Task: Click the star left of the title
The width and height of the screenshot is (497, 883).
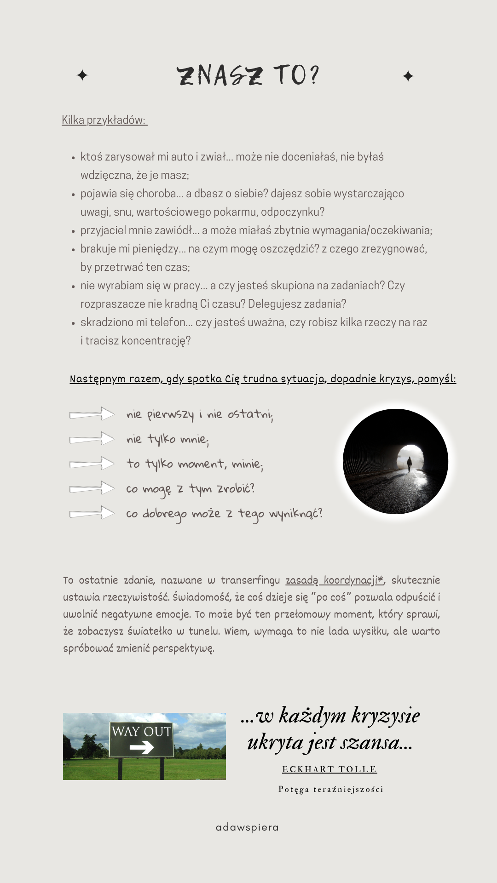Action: click(82, 75)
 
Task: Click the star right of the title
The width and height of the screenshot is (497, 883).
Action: click(408, 76)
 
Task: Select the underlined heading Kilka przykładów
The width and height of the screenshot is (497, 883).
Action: click(104, 120)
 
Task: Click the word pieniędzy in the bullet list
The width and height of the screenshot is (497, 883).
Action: click(156, 249)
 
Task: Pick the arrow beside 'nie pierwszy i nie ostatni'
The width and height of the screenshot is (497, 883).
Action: click(92, 414)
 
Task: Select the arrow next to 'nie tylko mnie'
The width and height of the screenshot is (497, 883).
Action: click(92, 439)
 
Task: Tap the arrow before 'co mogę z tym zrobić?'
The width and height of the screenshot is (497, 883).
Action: click(92, 488)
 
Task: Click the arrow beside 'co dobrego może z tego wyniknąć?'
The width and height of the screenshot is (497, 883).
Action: click(92, 513)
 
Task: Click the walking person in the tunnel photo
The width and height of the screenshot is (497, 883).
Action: click(409, 464)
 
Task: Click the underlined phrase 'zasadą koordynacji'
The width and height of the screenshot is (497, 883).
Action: click(334, 580)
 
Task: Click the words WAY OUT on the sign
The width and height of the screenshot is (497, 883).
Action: click(141, 731)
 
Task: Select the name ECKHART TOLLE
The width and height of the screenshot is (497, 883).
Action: click(329, 769)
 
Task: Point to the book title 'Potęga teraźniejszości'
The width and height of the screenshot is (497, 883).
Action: click(331, 789)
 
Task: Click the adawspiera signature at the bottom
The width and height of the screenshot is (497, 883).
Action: click(247, 827)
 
